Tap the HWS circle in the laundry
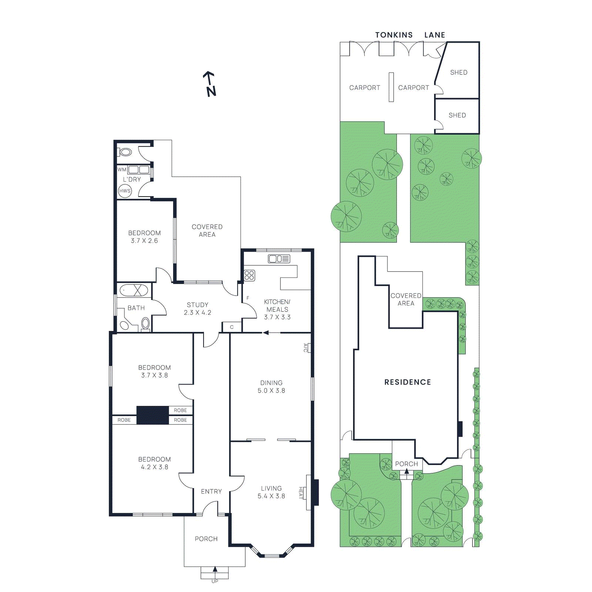click(x=125, y=191)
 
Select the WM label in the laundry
click(x=122, y=170)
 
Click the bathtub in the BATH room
click(x=134, y=290)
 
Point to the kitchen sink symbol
click(x=279, y=259)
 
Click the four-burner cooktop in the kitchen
click(x=249, y=275)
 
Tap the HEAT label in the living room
click(x=301, y=492)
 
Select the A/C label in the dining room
click(x=305, y=348)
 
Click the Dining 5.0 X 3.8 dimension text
click(x=271, y=391)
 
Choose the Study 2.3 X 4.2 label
click(x=198, y=309)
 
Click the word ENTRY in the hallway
click(x=211, y=491)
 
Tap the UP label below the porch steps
click(x=215, y=581)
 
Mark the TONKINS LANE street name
click(x=410, y=35)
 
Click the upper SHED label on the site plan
click(x=458, y=73)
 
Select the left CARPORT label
click(x=364, y=88)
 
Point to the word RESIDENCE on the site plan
click(x=407, y=382)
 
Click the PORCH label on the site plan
click(x=406, y=464)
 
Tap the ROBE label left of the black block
click(x=124, y=420)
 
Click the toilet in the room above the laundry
click(x=125, y=152)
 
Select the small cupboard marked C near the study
click(x=232, y=327)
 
